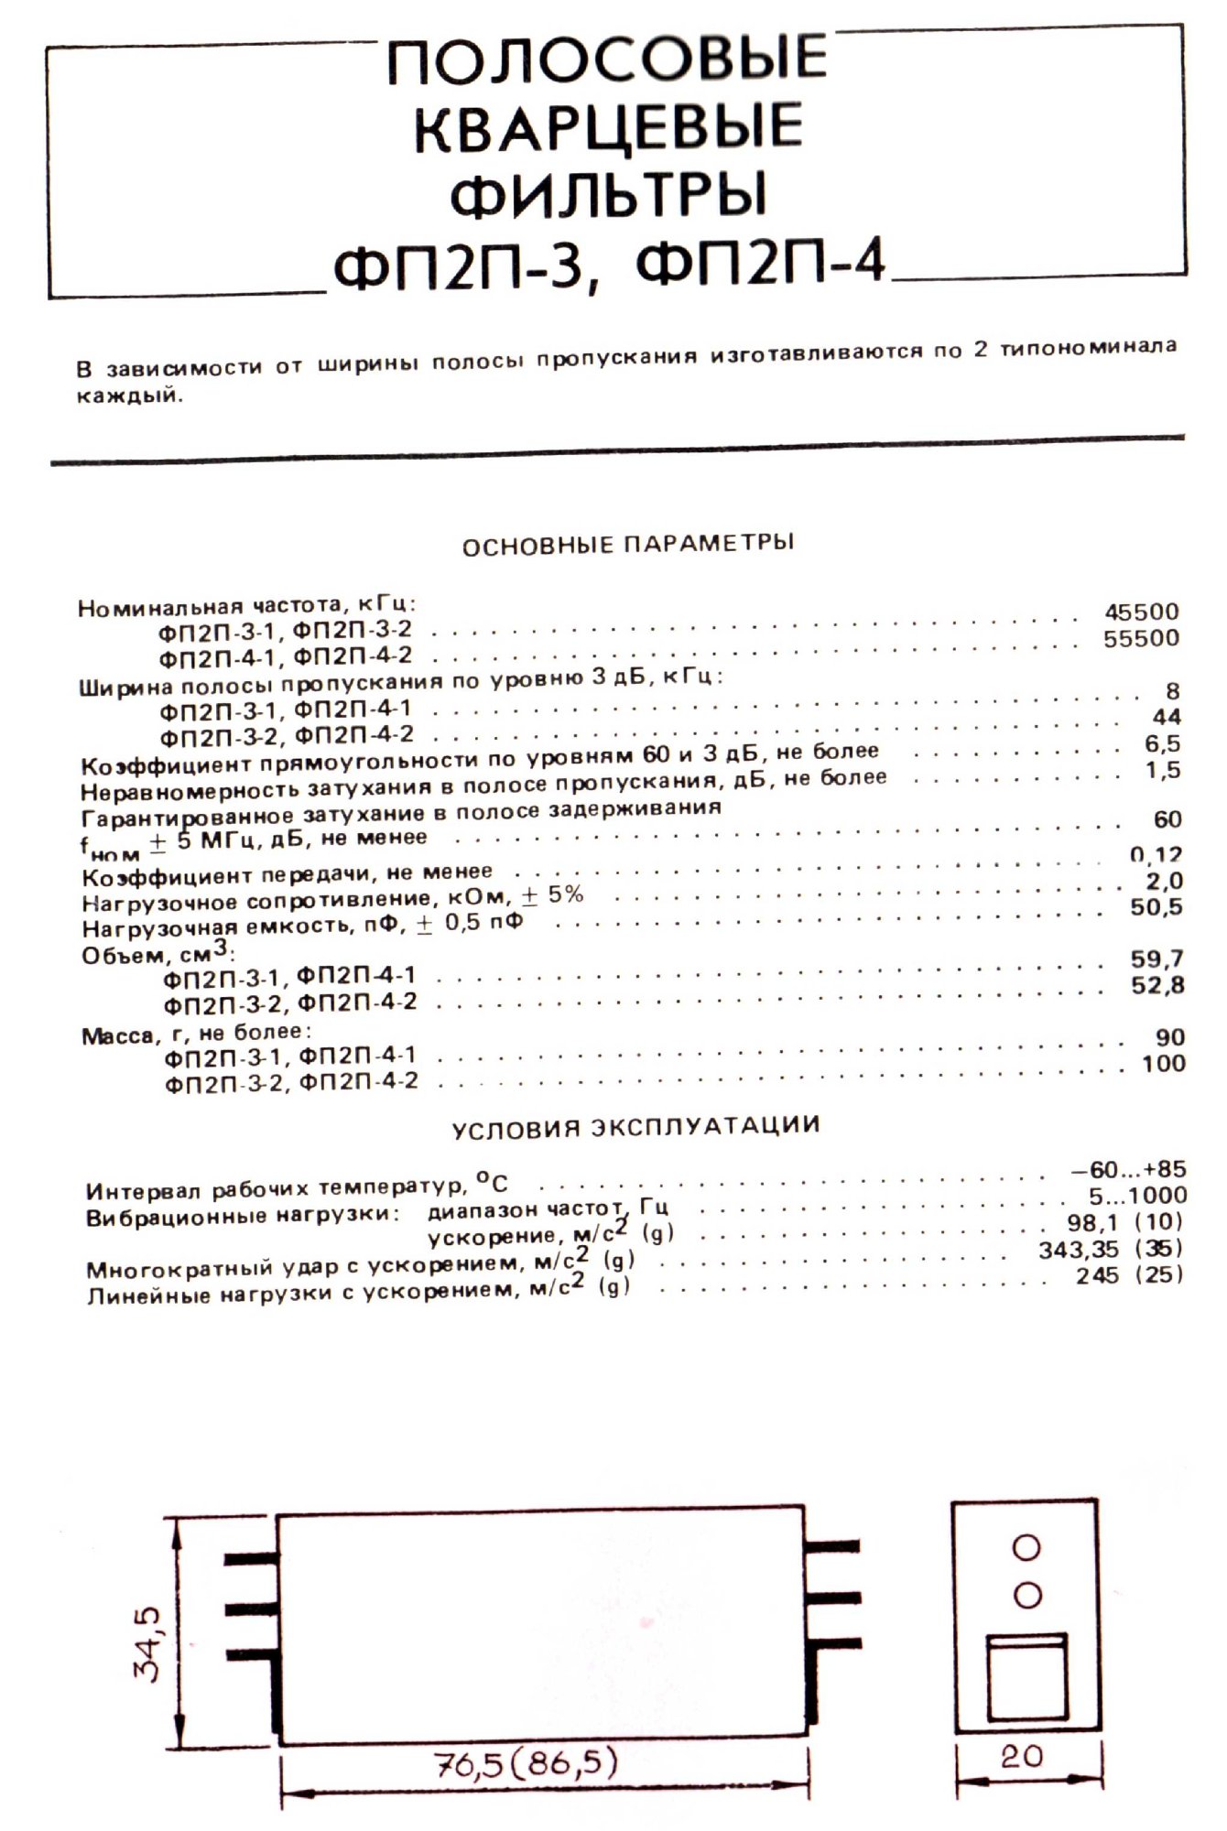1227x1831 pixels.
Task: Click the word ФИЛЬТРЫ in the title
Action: tap(609, 195)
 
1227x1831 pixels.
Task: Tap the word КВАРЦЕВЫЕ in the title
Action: tap(609, 125)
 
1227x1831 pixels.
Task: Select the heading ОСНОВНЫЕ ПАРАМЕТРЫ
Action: tap(627, 544)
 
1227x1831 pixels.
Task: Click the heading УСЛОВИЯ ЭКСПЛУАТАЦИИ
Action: tap(635, 1126)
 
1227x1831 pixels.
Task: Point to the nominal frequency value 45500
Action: tap(1141, 612)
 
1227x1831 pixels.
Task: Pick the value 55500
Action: tap(1141, 638)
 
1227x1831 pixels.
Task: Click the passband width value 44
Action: tap(1167, 717)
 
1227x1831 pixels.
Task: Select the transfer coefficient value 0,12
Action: tap(1156, 855)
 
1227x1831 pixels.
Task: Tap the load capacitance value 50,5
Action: tap(1156, 907)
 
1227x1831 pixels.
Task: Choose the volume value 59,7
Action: tap(1158, 959)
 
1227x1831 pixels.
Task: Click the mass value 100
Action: tap(1163, 1064)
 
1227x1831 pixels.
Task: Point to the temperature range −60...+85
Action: tap(1128, 1169)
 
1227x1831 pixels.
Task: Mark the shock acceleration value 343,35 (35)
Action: tap(1110, 1249)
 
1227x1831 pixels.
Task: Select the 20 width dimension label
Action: tap(1022, 1756)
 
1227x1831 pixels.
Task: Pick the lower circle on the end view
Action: tap(1027, 1596)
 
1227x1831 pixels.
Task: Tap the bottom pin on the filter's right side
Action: tap(833, 1642)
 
